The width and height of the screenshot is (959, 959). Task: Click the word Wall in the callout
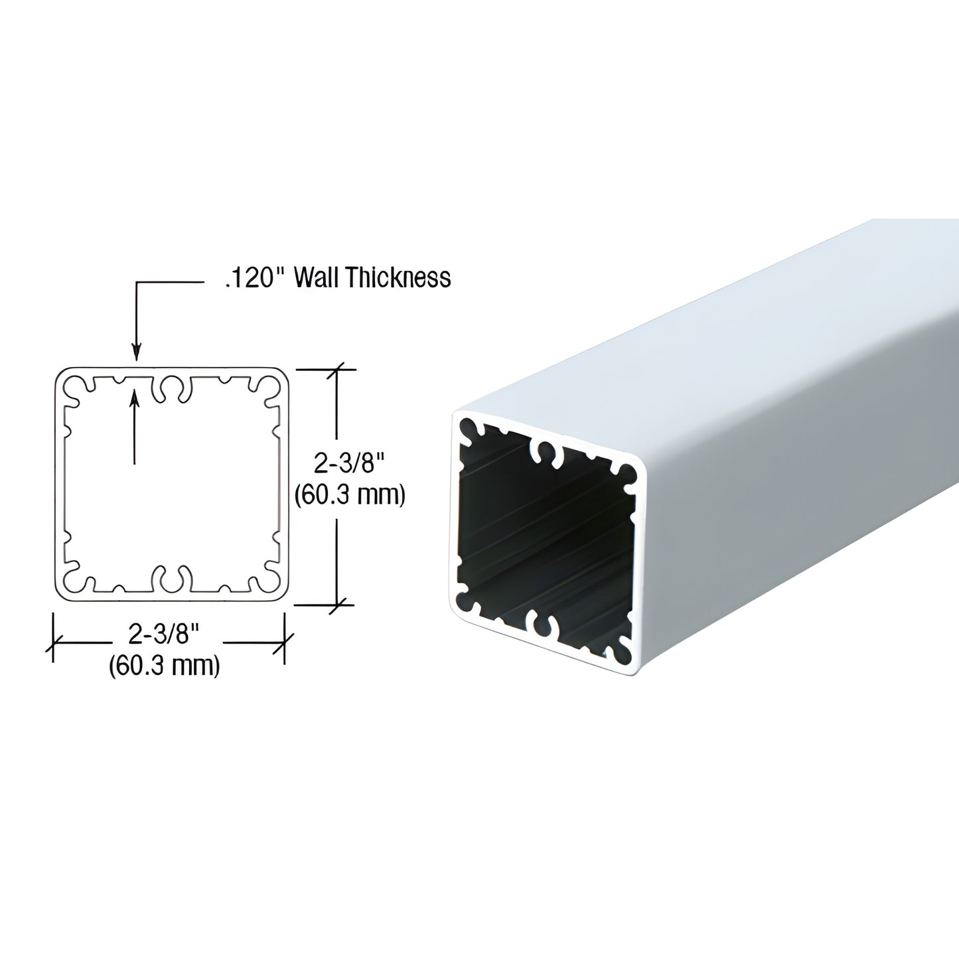click(x=316, y=277)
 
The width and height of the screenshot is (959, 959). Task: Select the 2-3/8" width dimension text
click(x=165, y=636)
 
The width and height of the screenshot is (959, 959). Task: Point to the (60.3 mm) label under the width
click(x=165, y=664)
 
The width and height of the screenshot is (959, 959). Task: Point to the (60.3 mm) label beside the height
click(x=350, y=494)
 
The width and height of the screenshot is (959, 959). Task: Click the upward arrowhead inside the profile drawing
click(x=135, y=397)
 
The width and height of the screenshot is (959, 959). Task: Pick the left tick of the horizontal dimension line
click(x=54, y=642)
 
